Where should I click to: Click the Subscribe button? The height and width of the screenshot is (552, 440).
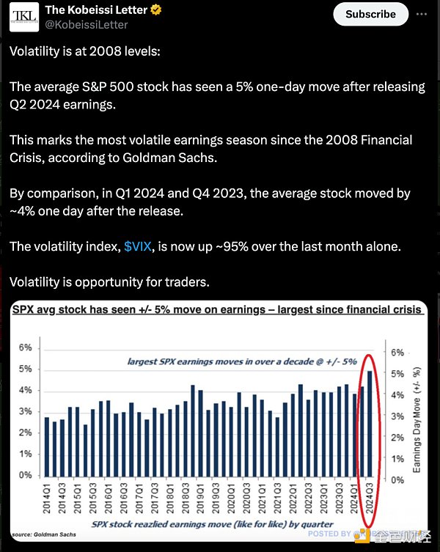370,14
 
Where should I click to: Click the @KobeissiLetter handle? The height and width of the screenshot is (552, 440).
87,26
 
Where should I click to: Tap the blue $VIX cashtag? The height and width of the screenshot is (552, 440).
138,246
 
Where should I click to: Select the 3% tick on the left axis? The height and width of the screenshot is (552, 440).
25,412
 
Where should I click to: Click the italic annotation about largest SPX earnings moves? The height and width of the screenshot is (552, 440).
242,361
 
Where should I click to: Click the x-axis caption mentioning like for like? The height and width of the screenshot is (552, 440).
213,525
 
